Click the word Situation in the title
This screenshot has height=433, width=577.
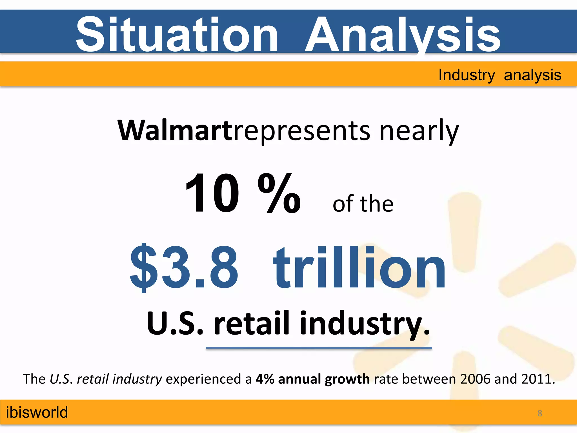pos(177,34)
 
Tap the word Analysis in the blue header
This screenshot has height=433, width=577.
pos(403,34)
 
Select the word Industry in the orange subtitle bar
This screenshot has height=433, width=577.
pos(467,75)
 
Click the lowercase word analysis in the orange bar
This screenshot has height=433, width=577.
pos(532,75)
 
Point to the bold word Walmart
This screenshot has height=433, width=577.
pos(175,130)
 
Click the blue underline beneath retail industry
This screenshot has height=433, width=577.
pos(318,348)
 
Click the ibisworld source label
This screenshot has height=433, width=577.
pos(37,412)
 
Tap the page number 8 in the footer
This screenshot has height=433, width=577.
pos(540,413)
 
